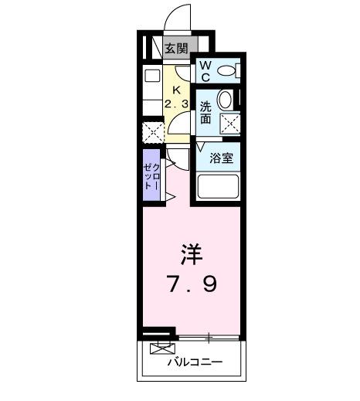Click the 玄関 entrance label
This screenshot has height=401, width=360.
click(176, 48)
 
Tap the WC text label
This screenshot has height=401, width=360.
click(205, 72)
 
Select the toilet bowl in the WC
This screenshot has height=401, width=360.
click(226, 72)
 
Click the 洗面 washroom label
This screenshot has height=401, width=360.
click(205, 112)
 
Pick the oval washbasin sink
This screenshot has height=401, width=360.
click(225, 100)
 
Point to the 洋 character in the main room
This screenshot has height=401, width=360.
click(192, 254)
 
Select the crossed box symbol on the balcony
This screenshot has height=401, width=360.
click(161, 348)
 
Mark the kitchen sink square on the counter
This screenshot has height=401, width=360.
click(151, 76)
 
